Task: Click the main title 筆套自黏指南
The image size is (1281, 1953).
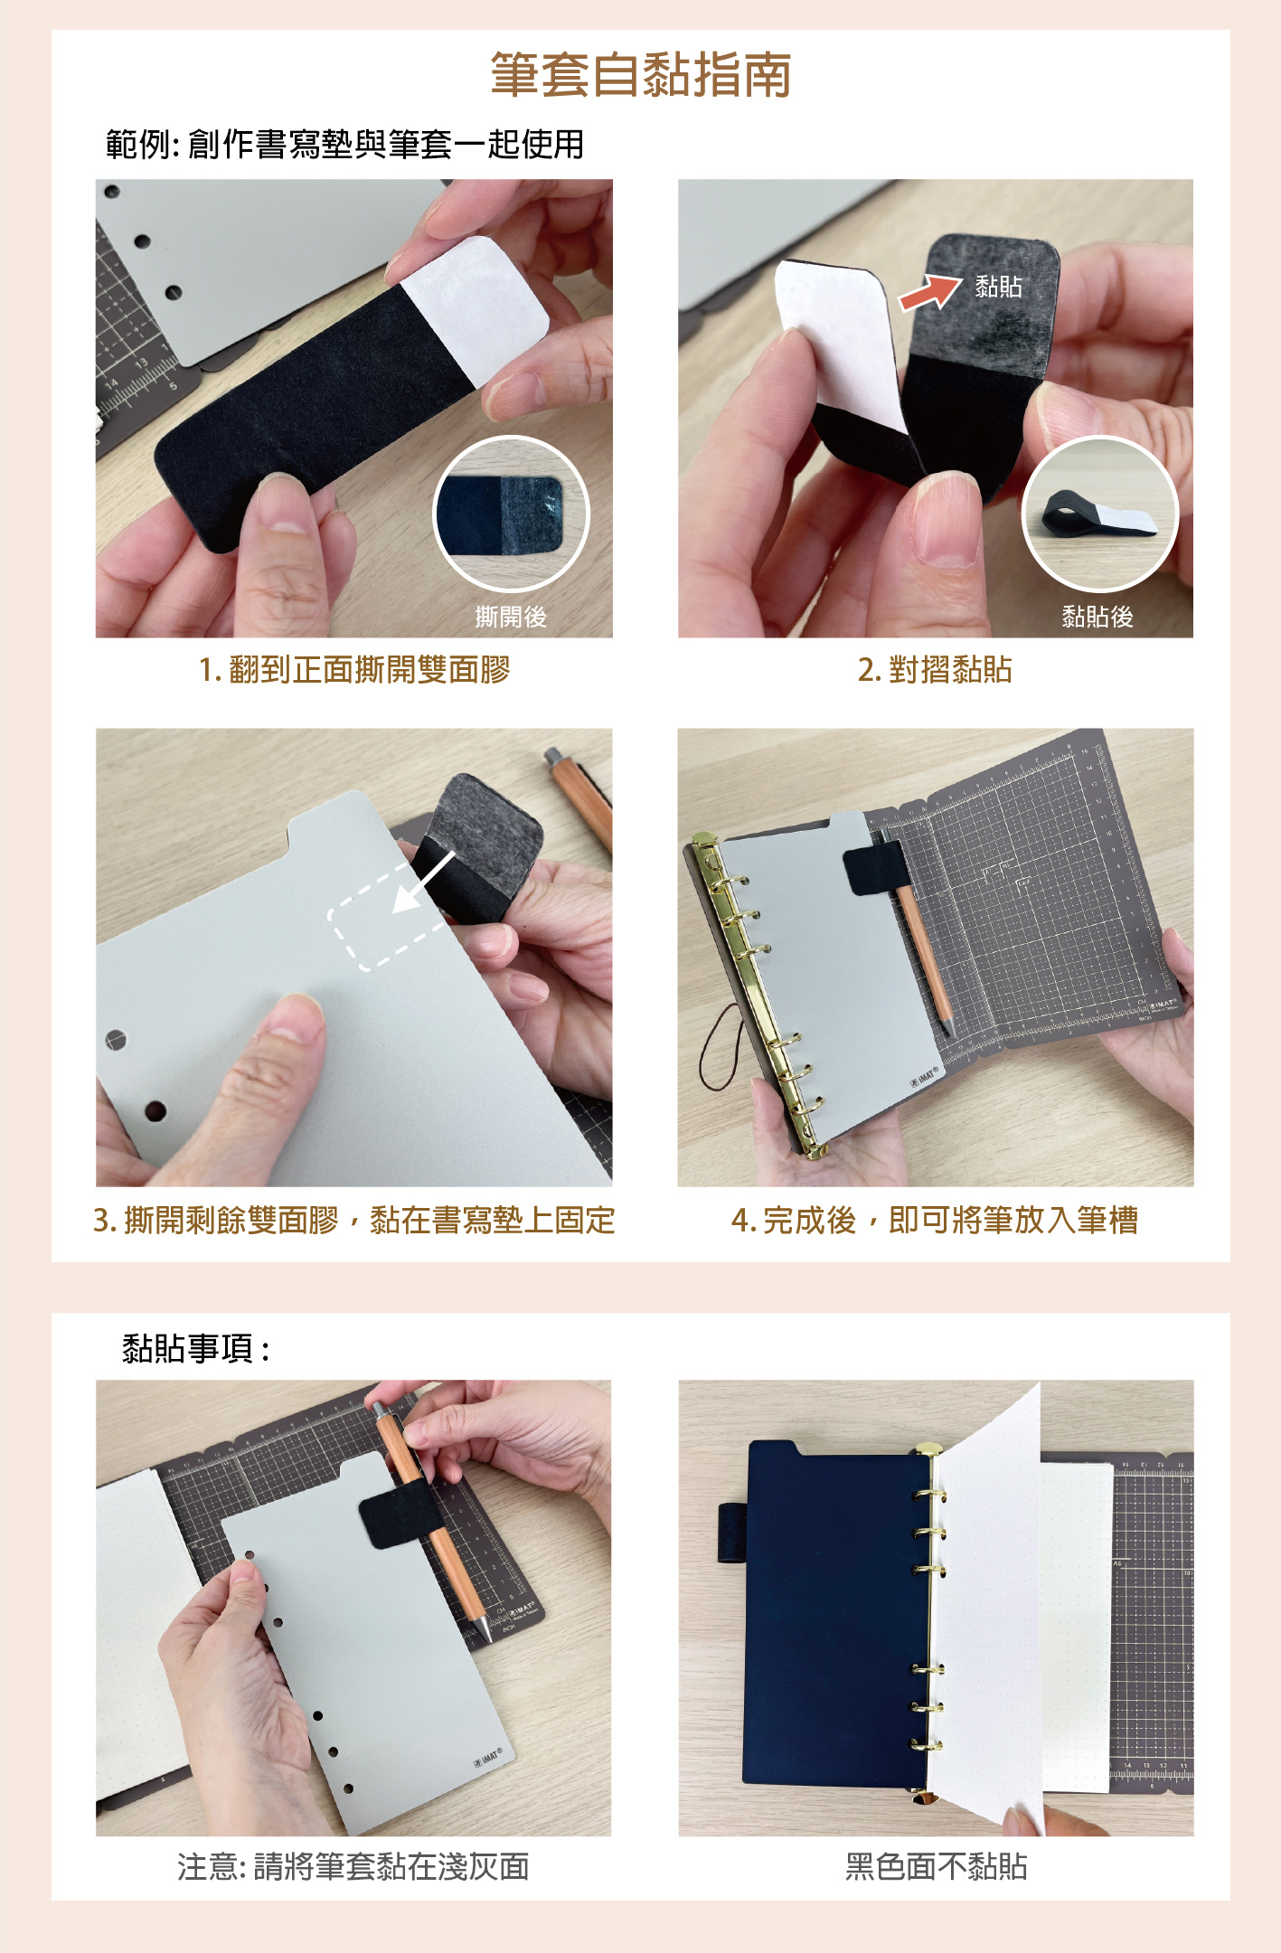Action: [640, 74]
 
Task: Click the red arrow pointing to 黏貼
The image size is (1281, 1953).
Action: [929, 292]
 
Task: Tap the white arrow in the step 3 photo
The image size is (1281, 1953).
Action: [423, 882]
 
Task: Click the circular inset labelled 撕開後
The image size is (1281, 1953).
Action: [511, 514]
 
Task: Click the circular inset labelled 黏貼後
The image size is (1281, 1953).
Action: [1100, 514]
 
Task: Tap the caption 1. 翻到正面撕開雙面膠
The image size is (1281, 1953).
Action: [354, 670]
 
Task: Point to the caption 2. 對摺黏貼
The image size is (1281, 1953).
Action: [935, 670]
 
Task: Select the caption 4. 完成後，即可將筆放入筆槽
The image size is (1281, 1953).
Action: [935, 1221]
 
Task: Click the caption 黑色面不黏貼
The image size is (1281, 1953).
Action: [936, 1866]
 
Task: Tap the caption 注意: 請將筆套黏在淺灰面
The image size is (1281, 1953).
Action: [353, 1866]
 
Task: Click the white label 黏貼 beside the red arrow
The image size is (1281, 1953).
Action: [998, 287]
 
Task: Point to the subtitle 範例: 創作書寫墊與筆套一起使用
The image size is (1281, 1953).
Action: [344, 145]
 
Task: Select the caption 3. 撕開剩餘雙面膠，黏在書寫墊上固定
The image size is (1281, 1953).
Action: [353, 1221]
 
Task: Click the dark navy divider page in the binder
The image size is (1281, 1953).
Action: [837, 1614]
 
